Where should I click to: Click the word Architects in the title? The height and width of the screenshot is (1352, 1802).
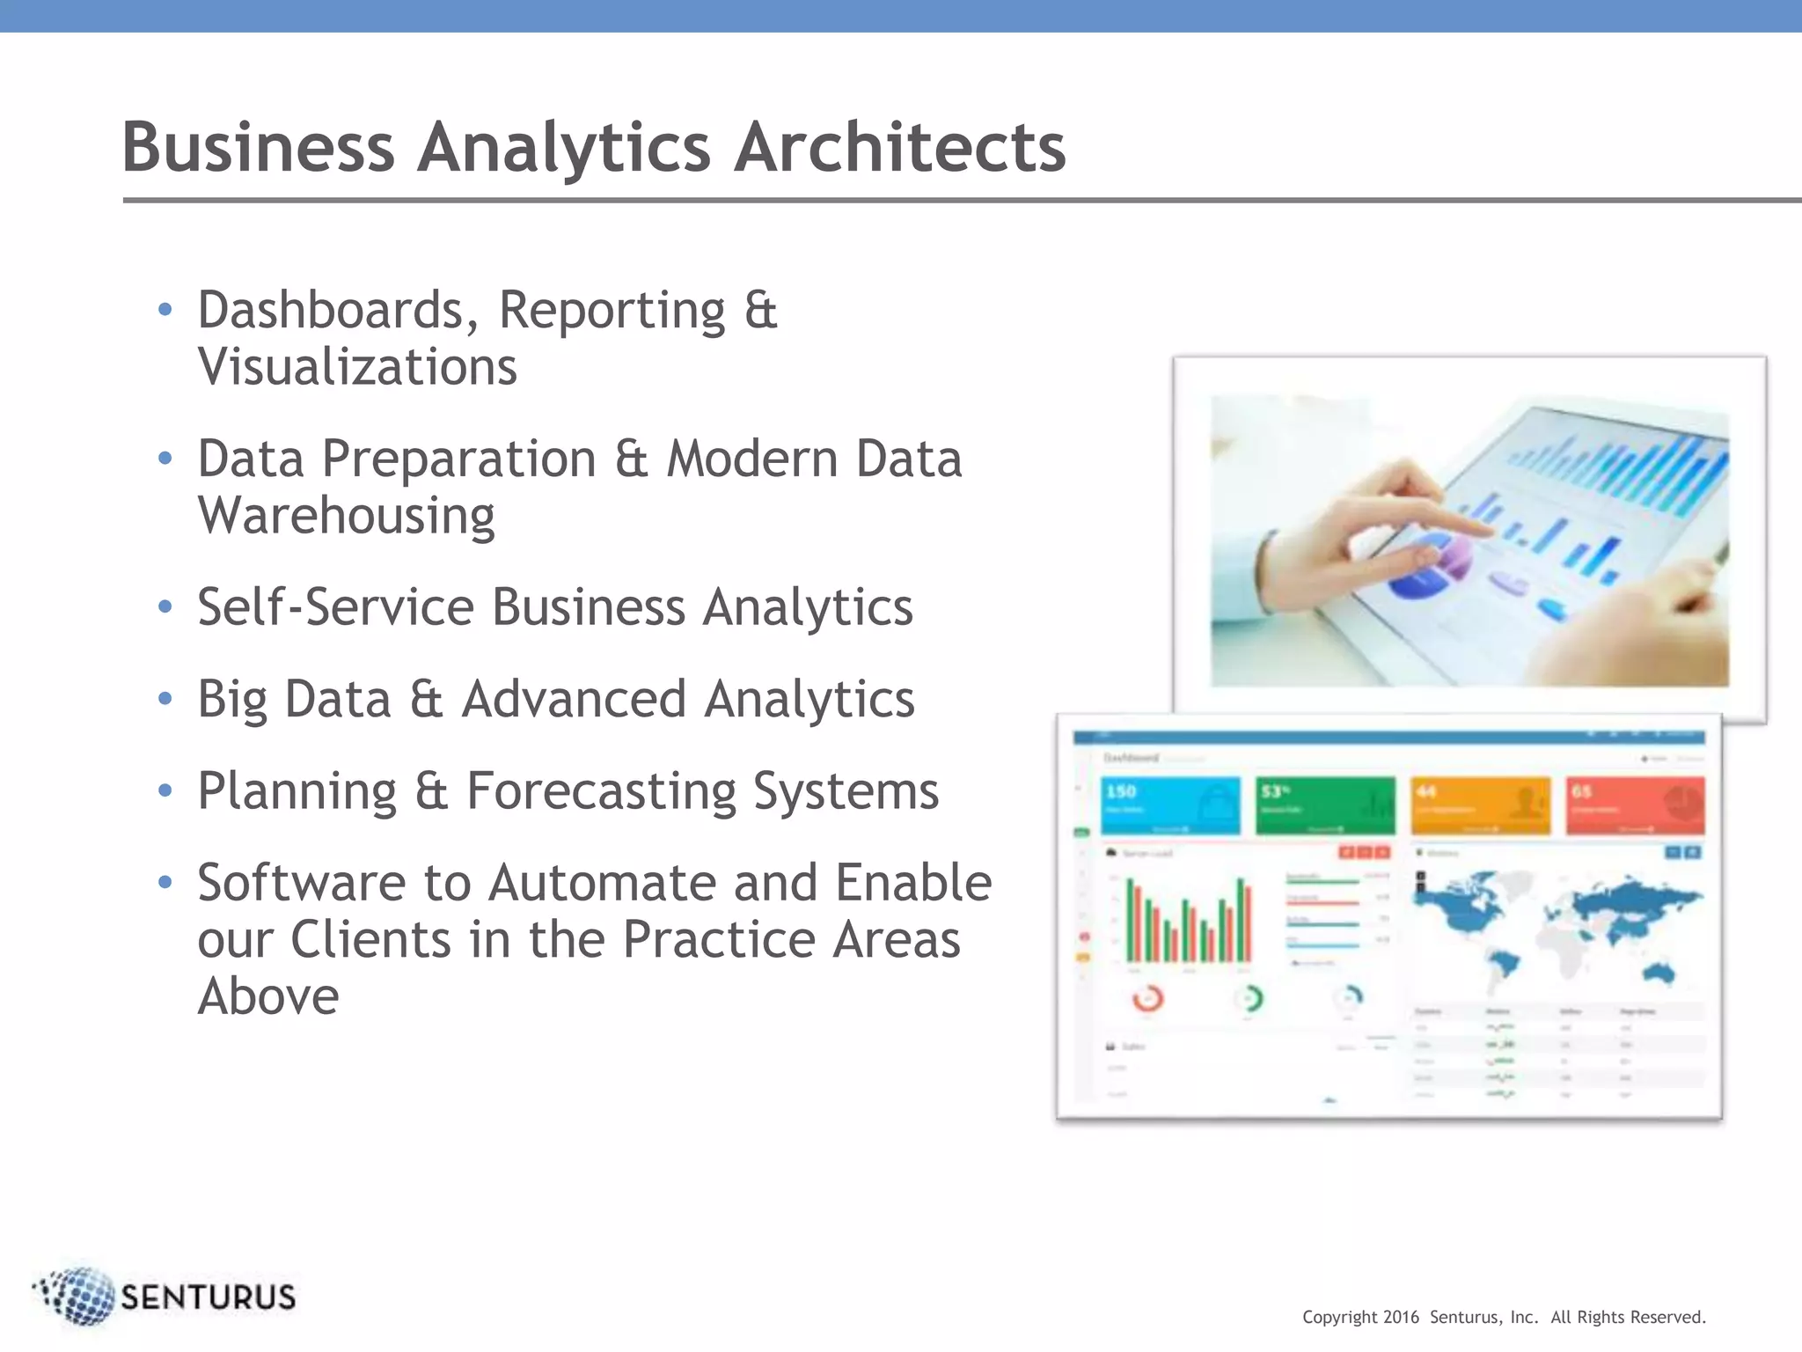tap(899, 147)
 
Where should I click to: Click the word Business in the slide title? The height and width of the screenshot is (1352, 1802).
tap(258, 147)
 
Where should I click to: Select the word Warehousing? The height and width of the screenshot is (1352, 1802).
tap(346, 515)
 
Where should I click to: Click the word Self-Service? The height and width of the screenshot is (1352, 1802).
tap(336, 607)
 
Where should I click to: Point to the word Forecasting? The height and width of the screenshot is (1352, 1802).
tap(600, 791)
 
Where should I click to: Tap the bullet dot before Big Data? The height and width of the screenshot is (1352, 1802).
tap(165, 699)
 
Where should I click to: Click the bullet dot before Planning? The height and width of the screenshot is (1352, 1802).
tap(165, 790)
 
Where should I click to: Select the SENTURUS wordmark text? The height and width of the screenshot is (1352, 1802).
tap(208, 1297)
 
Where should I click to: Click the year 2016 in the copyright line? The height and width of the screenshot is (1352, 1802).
tap(1401, 1318)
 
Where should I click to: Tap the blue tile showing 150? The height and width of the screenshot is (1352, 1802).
tap(1169, 805)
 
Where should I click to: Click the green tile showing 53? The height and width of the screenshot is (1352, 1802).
tap(1324, 805)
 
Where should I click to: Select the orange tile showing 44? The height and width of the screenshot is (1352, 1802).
tap(1480, 805)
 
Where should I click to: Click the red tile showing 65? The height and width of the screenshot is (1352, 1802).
tap(1635, 805)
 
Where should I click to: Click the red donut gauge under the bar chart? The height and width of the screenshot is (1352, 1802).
tap(1147, 999)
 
